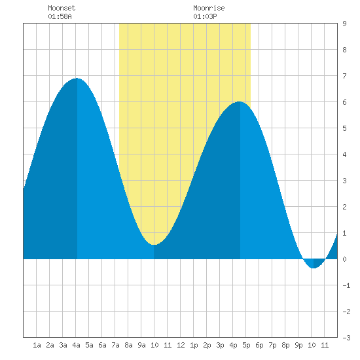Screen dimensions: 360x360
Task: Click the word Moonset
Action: click(62, 8)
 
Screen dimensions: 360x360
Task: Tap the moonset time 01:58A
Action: click(60, 16)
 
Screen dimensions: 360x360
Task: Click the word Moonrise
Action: click(209, 8)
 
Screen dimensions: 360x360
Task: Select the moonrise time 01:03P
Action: click(205, 16)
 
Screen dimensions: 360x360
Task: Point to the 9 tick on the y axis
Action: click(344, 24)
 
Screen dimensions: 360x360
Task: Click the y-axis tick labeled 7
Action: click(344, 76)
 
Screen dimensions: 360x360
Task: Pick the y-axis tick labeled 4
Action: click(344, 154)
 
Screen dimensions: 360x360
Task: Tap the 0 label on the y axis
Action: click(344, 259)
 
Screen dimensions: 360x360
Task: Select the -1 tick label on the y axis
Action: click(346, 285)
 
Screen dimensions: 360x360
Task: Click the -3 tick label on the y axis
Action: click(346, 338)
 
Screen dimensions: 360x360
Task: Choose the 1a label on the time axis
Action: click(37, 345)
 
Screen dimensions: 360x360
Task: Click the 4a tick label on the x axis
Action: click(76, 345)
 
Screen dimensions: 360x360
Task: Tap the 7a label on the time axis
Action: click(115, 345)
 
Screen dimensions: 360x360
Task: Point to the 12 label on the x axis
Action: click(181, 345)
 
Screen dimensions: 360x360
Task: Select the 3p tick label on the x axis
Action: click(220, 345)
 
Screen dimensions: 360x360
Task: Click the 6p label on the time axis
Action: click(259, 345)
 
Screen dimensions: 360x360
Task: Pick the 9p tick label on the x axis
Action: click(298, 345)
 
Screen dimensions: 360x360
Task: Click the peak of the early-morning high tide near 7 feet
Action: click(77, 79)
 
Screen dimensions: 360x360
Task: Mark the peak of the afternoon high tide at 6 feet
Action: click(240, 101)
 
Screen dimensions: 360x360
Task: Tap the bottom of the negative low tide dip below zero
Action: click(314, 268)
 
